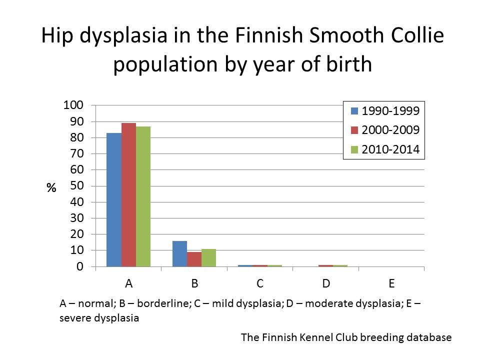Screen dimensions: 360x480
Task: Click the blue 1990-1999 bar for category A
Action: (x=113, y=200)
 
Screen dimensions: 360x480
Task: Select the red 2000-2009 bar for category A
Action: (x=128, y=195)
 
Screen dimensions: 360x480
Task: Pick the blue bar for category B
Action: (x=179, y=254)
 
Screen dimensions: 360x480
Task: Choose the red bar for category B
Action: (x=194, y=259)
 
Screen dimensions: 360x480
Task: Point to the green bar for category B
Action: (x=208, y=258)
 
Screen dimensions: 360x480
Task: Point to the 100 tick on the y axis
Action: (x=72, y=105)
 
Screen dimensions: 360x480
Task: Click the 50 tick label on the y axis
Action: (x=75, y=186)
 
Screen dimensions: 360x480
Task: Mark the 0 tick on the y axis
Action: (x=79, y=266)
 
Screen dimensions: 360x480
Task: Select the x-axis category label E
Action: (x=391, y=283)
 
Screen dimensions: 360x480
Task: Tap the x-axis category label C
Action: (x=260, y=283)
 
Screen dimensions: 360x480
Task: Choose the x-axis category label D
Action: (x=326, y=283)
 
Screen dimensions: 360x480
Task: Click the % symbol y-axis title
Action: (x=51, y=188)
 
